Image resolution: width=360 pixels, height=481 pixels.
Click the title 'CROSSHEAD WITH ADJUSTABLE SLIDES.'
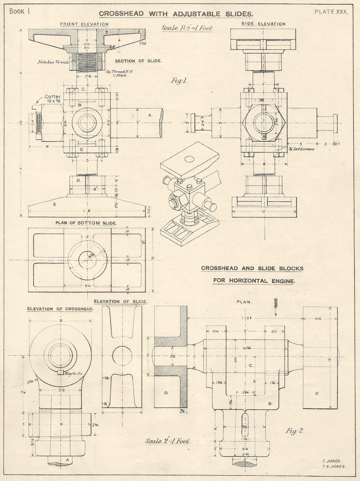pyautogui.click(x=176, y=14)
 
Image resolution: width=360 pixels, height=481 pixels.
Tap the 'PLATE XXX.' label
pyautogui.click(x=331, y=12)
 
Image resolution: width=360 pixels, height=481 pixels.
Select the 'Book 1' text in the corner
pyautogui.click(x=20, y=11)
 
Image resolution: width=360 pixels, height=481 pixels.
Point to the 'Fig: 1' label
pyautogui.click(x=178, y=81)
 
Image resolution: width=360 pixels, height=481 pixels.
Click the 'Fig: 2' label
pyautogui.click(x=294, y=431)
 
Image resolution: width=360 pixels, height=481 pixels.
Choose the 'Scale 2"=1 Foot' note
pyautogui.click(x=168, y=441)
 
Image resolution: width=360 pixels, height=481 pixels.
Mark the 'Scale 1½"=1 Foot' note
pyautogui.click(x=187, y=28)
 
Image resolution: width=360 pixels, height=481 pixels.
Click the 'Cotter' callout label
pyautogui.click(x=53, y=97)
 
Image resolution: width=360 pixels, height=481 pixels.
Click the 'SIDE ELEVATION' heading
pyautogui.click(x=263, y=24)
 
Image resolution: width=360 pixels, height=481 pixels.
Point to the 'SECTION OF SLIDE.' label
pyautogui.click(x=138, y=61)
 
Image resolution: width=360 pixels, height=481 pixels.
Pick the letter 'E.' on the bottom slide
pyautogui.click(x=55, y=204)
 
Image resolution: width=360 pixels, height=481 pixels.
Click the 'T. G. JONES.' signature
pyautogui.click(x=333, y=467)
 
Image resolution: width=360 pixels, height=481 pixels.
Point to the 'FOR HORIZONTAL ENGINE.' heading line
pyautogui.click(x=254, y=281)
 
